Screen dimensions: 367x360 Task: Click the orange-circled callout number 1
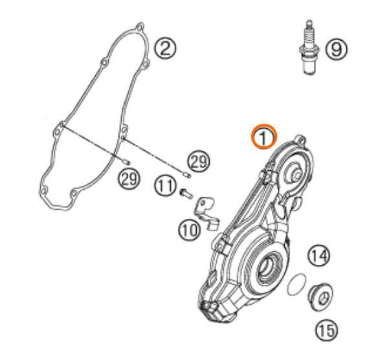pos(264,137)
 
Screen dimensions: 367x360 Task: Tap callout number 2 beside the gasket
pos(165,48)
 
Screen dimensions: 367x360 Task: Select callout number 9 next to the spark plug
pos(337,49)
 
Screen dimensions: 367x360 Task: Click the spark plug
pos(309,47)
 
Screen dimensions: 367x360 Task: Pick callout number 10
pos(190,230)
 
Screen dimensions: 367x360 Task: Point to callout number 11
pos(165,186)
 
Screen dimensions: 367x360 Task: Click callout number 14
pos(319,256)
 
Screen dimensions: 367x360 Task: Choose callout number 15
pos(327,330)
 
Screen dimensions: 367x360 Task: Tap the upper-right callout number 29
pos(199,161)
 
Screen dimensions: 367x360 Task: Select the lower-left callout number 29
pos(129,179)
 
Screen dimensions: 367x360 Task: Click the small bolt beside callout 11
pos(186,194)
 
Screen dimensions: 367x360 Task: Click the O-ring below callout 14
pos(296,284)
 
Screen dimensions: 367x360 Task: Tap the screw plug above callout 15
pos(320,297)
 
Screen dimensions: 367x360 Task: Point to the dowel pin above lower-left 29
pos(127,162)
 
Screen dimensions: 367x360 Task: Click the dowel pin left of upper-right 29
pos(187,175)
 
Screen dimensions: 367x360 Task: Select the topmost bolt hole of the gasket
pos(140,27)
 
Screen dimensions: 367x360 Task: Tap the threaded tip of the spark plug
pos(309,23)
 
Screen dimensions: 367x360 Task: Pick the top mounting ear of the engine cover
pos(300,139)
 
